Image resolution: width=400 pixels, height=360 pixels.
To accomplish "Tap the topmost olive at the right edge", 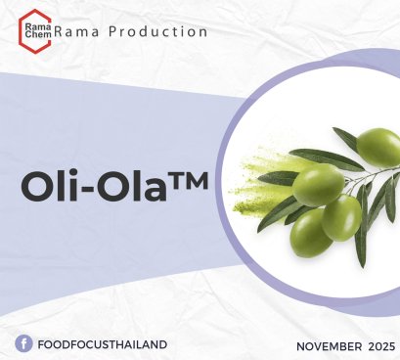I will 378,147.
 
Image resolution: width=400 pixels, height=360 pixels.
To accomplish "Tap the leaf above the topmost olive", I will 345,136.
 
